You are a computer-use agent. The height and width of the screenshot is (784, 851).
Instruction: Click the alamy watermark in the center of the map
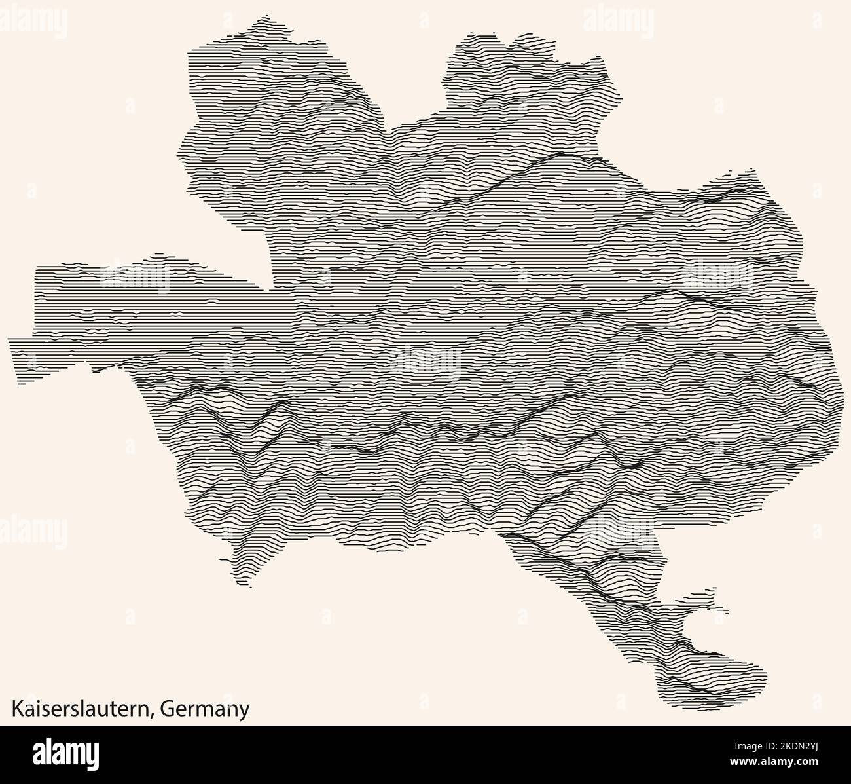(425, 360)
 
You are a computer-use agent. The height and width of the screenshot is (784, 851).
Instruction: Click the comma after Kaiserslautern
(155, 714)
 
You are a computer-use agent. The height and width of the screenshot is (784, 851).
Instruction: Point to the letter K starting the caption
(15, 709)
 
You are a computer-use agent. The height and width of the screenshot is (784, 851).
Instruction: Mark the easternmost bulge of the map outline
(841, 406)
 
